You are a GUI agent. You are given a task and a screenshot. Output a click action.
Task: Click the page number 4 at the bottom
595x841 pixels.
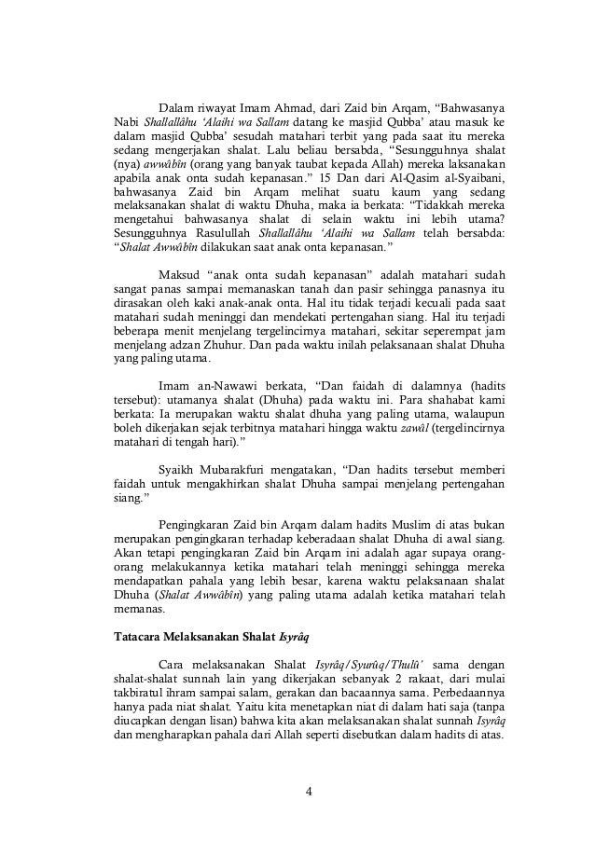click(x=309, y=793)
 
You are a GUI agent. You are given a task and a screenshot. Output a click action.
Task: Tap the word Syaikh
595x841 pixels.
click(x=177, y=469)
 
